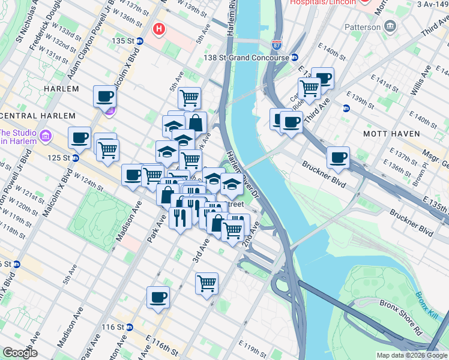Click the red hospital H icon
point(158,28)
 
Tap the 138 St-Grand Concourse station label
point(246,58)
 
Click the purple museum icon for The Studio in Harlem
point(44,137)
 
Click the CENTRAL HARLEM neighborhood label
point(38,115)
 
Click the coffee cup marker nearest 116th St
point(158,296)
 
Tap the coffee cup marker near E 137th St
point(338,158)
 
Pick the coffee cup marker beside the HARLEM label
point(104,95)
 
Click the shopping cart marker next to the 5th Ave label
point(189,97)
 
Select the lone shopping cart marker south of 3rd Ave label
point(206,282)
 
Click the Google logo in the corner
point(20,353)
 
